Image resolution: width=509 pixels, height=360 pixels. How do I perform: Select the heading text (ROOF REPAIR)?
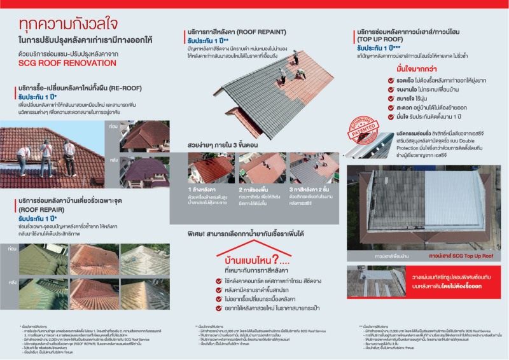point(40,207)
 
